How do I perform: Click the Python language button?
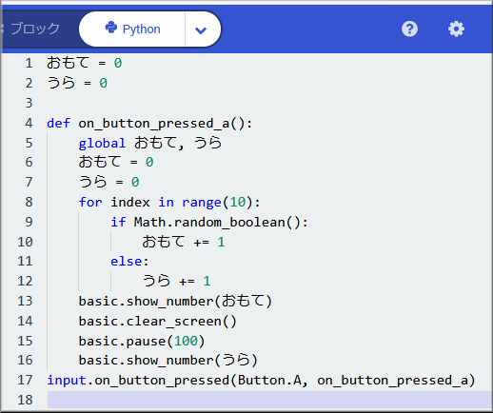pos(132,29)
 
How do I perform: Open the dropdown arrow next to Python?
pos(201,30)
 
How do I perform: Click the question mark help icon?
pos(409,29)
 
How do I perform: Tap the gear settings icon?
pos(456,29)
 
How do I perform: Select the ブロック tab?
pos(35,29)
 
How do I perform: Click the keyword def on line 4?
pos(58,123)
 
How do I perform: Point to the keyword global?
pos(102,144)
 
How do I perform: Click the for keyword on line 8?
pos(90,202)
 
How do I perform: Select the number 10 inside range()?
pos(238,202)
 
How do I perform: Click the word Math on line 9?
pos(149,222)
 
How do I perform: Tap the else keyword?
pos(127,262)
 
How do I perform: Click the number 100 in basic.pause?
pos(186,341)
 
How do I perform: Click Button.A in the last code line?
pos(269,380)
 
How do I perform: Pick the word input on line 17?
pos(67,381)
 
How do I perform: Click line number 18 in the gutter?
pos(25,400)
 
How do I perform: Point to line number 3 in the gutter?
pos(29,103)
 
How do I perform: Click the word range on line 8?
pos(202,203)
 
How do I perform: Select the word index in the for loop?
pos(130,202)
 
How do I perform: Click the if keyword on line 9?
pos(118,222)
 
